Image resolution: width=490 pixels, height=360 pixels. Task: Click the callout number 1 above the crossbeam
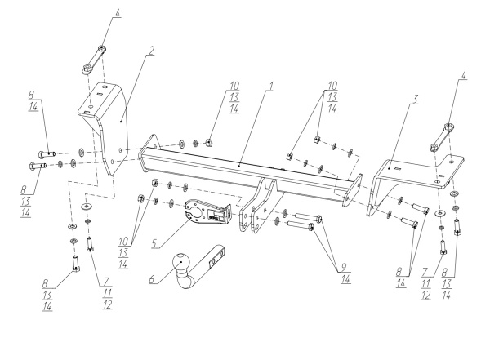[x=271, y=86]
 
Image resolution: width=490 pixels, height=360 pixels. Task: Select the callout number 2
[x=151, y=51]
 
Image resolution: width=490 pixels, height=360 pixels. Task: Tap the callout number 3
[x=414, y=100]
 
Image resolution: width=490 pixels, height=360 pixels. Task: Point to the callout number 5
[x=154, y=243]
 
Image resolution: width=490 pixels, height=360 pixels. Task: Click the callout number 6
[x=152, y=278]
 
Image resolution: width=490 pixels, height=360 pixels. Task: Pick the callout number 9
[x=344, y=267]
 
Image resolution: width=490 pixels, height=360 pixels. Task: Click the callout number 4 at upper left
[x=117, y=13]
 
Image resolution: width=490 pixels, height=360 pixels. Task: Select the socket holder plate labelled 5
[x=207, y=212]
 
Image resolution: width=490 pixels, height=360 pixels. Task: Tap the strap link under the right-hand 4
[x=441, y=137]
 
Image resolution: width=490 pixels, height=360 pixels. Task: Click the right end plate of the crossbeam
[x=353, y=191]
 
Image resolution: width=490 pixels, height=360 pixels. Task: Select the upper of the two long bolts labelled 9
[x=309, y=216]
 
